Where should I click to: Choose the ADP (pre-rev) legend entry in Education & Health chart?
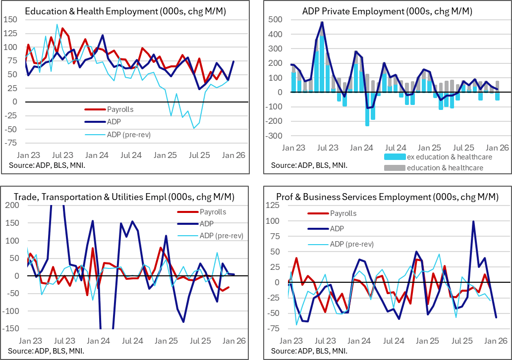128,134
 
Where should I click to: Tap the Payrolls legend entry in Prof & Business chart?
342,213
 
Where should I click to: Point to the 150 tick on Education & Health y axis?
10,20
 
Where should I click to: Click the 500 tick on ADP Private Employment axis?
275,20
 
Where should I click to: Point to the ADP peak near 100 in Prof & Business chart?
474,221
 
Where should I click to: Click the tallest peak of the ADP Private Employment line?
322,22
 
